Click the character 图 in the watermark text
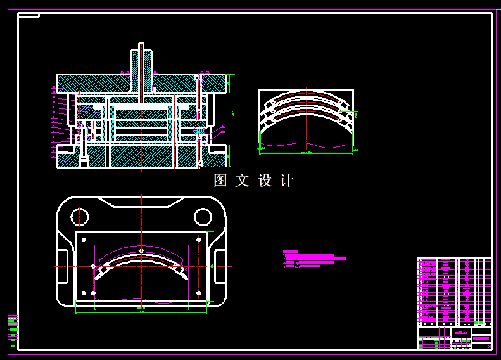220,181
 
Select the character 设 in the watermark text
265,181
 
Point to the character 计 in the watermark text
287,181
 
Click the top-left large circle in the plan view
79,217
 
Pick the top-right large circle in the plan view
203,217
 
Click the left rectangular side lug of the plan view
63,267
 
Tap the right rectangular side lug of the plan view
220,267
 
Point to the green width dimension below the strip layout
306,153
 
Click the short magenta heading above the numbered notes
290,252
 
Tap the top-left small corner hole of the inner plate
84,240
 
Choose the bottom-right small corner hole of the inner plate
199,293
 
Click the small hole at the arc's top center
141,251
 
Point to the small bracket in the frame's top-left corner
29,15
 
